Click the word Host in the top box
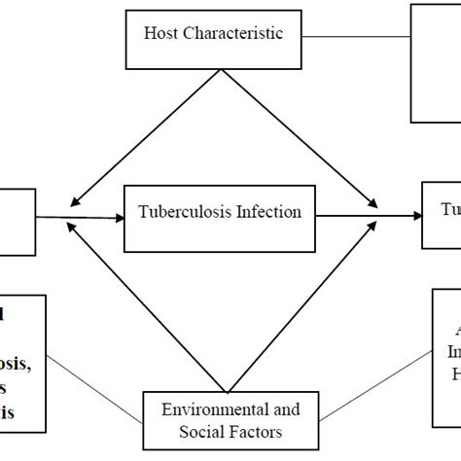pos(161,34)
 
